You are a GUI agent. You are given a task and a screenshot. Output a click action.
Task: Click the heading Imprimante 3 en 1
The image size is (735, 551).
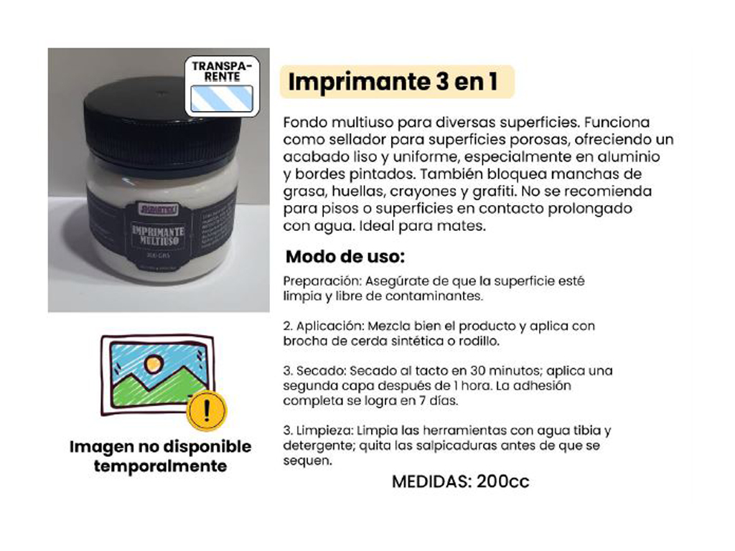[393, 82]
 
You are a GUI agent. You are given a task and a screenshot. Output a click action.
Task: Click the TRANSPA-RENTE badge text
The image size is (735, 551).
[221, 70]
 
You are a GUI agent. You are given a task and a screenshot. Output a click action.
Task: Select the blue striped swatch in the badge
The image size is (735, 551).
[221, 98]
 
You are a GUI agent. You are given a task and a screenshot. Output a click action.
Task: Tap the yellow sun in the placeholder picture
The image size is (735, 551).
[153, 364]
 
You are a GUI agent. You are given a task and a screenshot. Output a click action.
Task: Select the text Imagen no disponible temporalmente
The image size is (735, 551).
[160, 456]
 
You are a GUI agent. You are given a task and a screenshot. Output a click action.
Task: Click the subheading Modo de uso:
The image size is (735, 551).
[345, 256]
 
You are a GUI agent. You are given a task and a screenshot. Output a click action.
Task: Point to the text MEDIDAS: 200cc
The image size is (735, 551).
[460, 481]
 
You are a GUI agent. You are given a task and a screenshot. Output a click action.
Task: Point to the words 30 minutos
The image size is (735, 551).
[490, 371]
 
